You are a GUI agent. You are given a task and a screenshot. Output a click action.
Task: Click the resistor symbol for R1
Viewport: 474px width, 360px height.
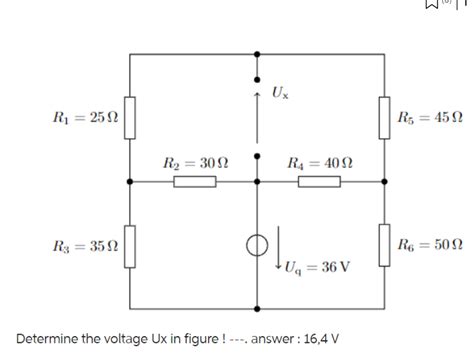pos(131,117)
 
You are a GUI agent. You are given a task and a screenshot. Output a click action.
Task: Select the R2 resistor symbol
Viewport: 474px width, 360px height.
pos(195,182)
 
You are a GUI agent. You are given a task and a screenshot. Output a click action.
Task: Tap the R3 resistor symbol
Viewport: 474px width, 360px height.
pos(131,245)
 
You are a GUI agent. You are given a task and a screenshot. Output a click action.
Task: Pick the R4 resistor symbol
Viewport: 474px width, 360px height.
pos(320,182)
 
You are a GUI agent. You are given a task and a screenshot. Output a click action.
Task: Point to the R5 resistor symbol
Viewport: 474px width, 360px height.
pos(385,117)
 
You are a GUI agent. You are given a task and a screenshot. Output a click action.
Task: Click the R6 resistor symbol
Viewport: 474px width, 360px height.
pos(385,245)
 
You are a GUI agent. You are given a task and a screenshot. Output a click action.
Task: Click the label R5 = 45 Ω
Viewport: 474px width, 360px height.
pos(430,118)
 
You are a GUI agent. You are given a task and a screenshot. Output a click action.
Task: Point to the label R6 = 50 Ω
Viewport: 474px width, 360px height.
pos(430,246)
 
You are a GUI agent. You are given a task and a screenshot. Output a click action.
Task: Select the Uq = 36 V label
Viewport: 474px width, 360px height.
pos(316,268)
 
